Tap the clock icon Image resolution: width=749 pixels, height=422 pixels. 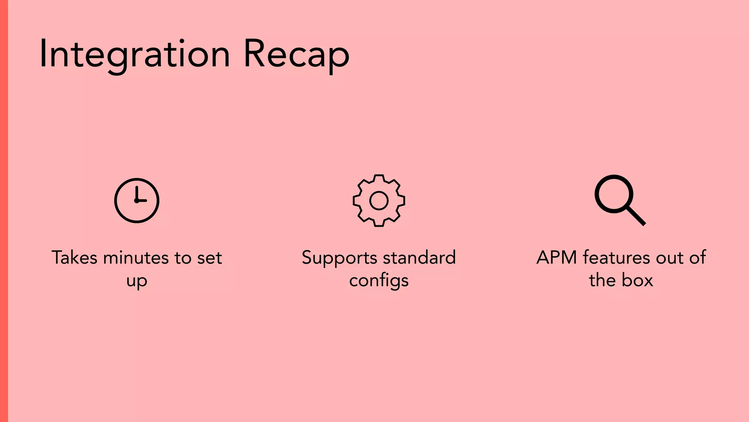137,200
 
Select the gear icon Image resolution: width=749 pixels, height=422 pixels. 379,200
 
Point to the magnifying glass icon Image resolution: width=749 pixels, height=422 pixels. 614,194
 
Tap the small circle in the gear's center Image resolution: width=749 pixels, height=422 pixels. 379,201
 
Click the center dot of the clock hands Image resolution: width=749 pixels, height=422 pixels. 136,201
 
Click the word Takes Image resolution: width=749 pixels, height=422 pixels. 75,258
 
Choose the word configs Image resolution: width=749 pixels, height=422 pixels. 379,281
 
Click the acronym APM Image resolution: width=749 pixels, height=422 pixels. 557,258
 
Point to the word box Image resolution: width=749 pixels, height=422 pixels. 637,280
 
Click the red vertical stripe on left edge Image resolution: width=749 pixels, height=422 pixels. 4,211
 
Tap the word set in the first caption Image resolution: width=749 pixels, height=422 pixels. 210,258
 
